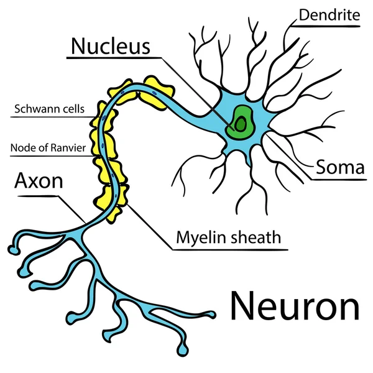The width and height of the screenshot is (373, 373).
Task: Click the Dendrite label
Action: [x=329, y=15]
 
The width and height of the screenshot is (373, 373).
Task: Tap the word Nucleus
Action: [x=111, y=46]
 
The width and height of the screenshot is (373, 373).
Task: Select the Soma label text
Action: [x=340, y=167]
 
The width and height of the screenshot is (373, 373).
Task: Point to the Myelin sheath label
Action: [x=229, y=237]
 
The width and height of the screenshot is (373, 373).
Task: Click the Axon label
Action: [x=39, y=181]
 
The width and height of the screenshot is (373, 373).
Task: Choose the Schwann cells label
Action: [x=50, y=109]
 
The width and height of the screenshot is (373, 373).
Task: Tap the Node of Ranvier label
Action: [x=48, y=148]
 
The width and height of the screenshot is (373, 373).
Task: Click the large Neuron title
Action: [x=295, y=306]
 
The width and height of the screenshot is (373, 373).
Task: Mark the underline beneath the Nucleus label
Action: [x=114, y=58]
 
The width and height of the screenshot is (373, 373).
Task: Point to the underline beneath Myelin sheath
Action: [x=230, y=250]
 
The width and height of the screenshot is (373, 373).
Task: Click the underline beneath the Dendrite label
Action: [x=325, y=26]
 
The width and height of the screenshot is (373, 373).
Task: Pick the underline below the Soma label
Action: [x=339, y=180]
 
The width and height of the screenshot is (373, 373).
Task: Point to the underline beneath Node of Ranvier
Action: [x=52, y=156]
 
